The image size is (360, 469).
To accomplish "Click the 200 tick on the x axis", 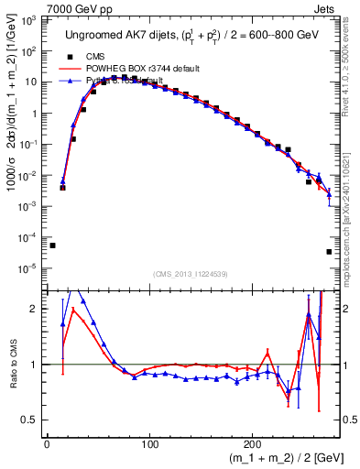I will pyautogui.click(x=250, y=444).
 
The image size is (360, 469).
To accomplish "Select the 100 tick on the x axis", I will pyautogui.click(x=148, y=444).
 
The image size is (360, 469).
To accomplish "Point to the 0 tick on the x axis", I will pyautogui.click(x=47, y=444).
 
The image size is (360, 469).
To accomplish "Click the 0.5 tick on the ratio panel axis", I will pyautogui.click(x=32, y=420).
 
